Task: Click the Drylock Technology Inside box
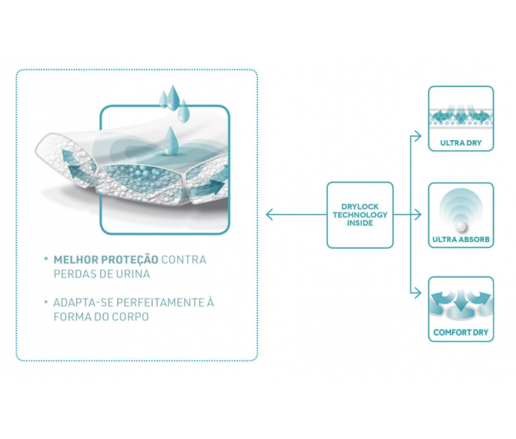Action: (360, 215)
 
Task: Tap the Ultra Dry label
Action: (461, 142)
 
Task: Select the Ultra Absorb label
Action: (461, 240)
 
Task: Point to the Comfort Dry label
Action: (461, 333)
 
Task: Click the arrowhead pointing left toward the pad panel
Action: (270, 213)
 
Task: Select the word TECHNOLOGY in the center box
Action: (360, 215)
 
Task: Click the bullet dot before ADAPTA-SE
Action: (46, 302)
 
